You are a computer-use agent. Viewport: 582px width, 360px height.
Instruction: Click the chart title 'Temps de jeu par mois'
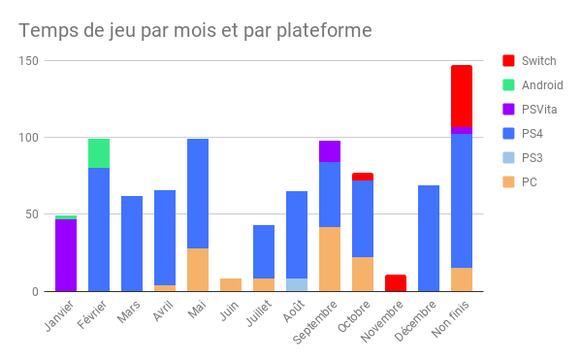click(195, 31)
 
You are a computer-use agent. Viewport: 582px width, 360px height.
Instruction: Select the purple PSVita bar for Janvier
click(66, 254)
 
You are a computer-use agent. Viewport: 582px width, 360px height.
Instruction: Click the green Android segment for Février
click(99, 153)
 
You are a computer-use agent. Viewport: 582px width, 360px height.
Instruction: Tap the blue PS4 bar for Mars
click(132, 244)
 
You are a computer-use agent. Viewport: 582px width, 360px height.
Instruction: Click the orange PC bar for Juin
click(231, 285)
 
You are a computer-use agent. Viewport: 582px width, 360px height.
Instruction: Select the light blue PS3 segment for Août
click(297, 285)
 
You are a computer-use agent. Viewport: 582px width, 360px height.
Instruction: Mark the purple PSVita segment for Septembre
click(330, 151)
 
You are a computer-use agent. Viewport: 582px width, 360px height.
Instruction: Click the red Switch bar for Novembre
click(396, 283)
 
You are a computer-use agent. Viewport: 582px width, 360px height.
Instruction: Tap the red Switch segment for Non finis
click(462, 96)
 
